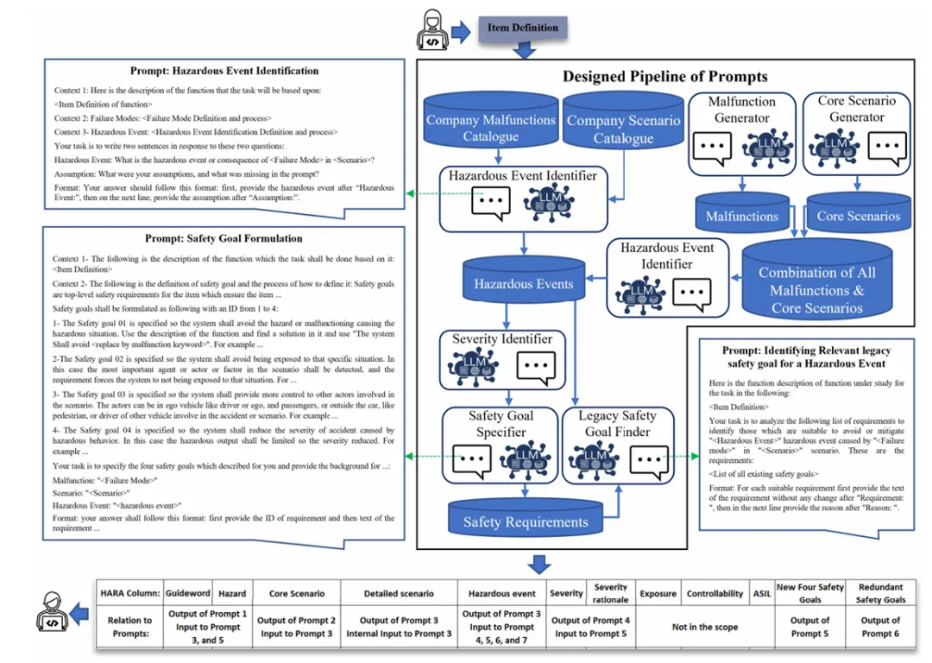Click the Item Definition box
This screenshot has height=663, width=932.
pos(523,28)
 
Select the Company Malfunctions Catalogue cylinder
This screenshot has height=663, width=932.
pos(491,127)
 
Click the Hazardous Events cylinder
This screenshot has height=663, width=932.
pos(523,282)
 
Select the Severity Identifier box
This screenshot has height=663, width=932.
pos(502,358)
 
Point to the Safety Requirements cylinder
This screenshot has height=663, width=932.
pos(526,521)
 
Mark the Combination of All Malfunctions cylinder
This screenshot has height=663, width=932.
pos(816,288)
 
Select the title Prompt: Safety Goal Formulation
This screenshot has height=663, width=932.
pos(224,238)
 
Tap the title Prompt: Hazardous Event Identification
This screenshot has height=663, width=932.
pos(224,71)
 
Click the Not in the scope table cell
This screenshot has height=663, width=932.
pos(705,628)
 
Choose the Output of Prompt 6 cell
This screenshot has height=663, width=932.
pos(880,628)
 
